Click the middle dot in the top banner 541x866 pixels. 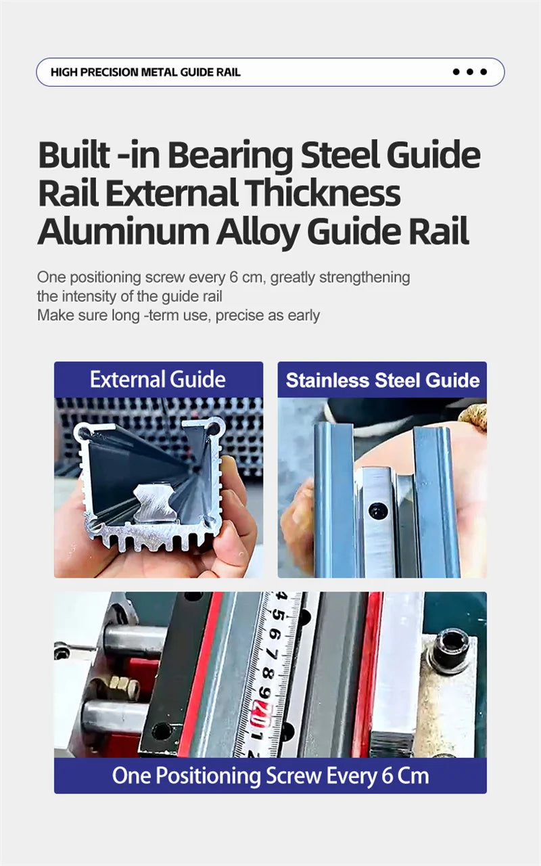(470, 72)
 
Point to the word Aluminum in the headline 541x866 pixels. (123, 231)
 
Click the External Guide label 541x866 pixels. (158, 379)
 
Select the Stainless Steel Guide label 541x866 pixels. (383, 380)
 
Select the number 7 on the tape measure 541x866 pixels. (272, 653)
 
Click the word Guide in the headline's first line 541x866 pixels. (433, 156)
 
